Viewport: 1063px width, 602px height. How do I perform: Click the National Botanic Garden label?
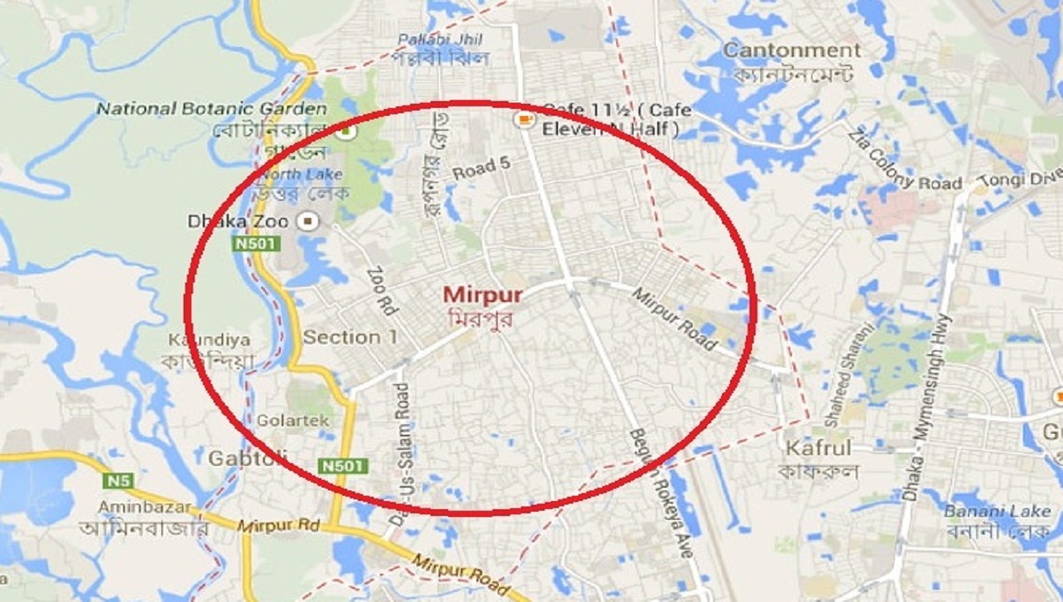pyautogui.click(x=212, y=109)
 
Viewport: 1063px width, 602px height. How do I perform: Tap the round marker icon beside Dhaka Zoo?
pyautogui.click(x=309, y=220)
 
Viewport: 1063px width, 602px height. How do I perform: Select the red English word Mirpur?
pyautogui.click(x=483, y=295)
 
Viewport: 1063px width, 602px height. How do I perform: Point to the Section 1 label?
pyautogui.click(x=350, y=337)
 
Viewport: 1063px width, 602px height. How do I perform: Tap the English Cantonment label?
pyautogui.click(x=791, y=50)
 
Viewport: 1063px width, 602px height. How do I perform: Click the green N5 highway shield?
pyautogui.click(x=117, y=481)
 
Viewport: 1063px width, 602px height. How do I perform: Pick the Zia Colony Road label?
pyautogui.click(x=904, y=162)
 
